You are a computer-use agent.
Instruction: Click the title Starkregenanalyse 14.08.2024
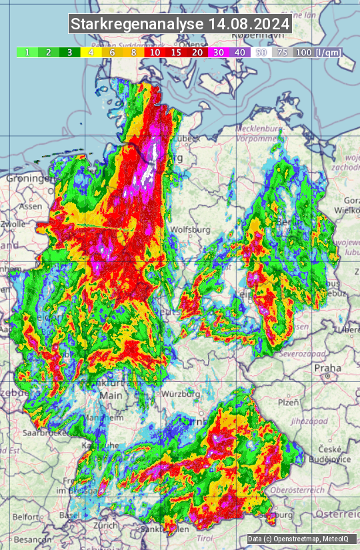[x=180, y=24]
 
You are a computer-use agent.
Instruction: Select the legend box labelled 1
[x=27, y=52]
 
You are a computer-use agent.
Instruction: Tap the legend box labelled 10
[x=155, y=52]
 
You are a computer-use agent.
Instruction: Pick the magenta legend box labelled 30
[x=219, y=52]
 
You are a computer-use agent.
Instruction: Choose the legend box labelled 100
[x=303, y=52]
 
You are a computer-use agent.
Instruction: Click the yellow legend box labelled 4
[x=91, y=52]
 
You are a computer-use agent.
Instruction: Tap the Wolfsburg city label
[x=191, y=229]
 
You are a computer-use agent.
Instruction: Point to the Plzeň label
[x=288, y=402]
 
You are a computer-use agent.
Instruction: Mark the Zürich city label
[x=105, y=525]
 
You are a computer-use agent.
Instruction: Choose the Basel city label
[x=69, y=515]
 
